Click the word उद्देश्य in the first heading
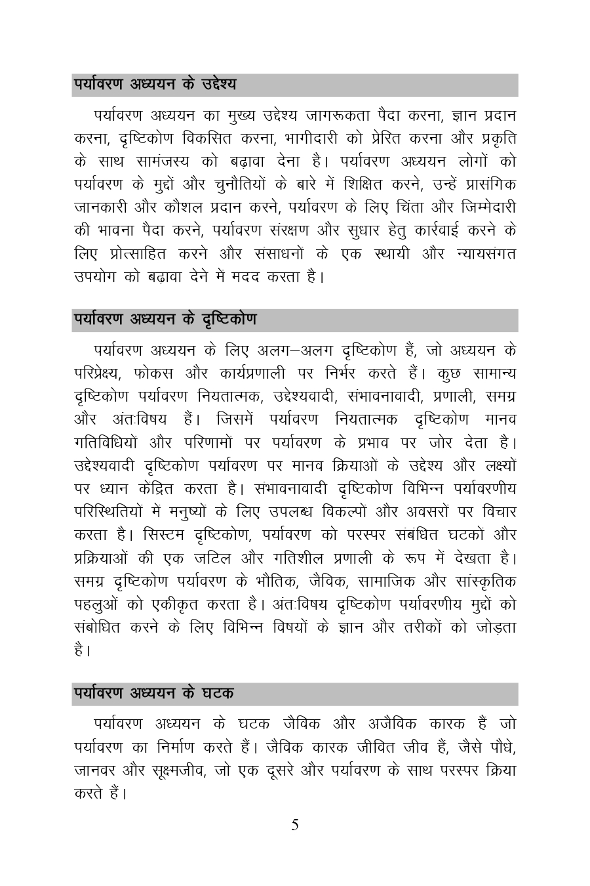pos(215,85)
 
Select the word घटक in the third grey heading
pos(218,693)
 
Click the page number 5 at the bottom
pos(295,825)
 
